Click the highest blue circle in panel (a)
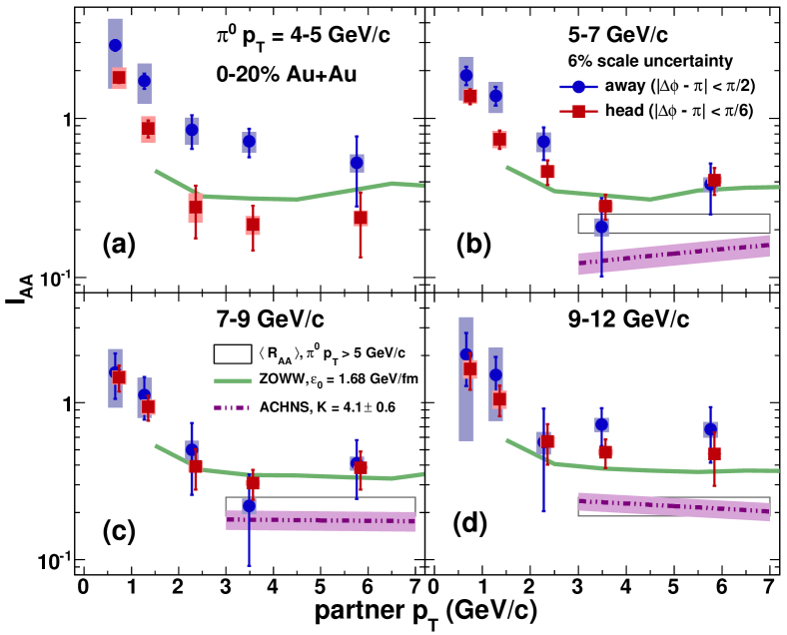click(x=115, y=45)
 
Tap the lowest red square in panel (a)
click(x=254, y=225)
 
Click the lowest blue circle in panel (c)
click(x=249, y=505)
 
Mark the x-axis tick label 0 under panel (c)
click(x=85, y=584)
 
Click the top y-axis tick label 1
click(x=66, y=120)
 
